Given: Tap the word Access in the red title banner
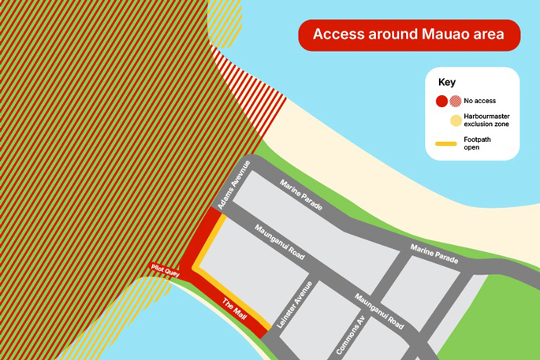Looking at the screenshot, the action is point(337,35).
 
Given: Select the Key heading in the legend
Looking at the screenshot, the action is point(447,82).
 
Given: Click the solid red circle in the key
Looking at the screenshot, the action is point(441,101).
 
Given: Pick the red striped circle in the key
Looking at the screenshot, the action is point(455,101).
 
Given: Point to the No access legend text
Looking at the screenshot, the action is point(480,101).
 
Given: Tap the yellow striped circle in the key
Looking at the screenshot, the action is point(455,121).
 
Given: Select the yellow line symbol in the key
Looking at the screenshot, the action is point(447,144).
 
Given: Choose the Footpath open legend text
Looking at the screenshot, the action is point(478,143).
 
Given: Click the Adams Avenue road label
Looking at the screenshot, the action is point(234,184).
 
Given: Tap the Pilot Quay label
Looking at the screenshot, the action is point(166,270).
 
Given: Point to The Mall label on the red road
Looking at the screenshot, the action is point(234,306).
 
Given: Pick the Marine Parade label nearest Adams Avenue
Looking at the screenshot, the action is point(300,195).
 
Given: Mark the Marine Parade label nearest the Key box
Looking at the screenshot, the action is point(434,254).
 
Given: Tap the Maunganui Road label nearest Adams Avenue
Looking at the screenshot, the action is point(279,243).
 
